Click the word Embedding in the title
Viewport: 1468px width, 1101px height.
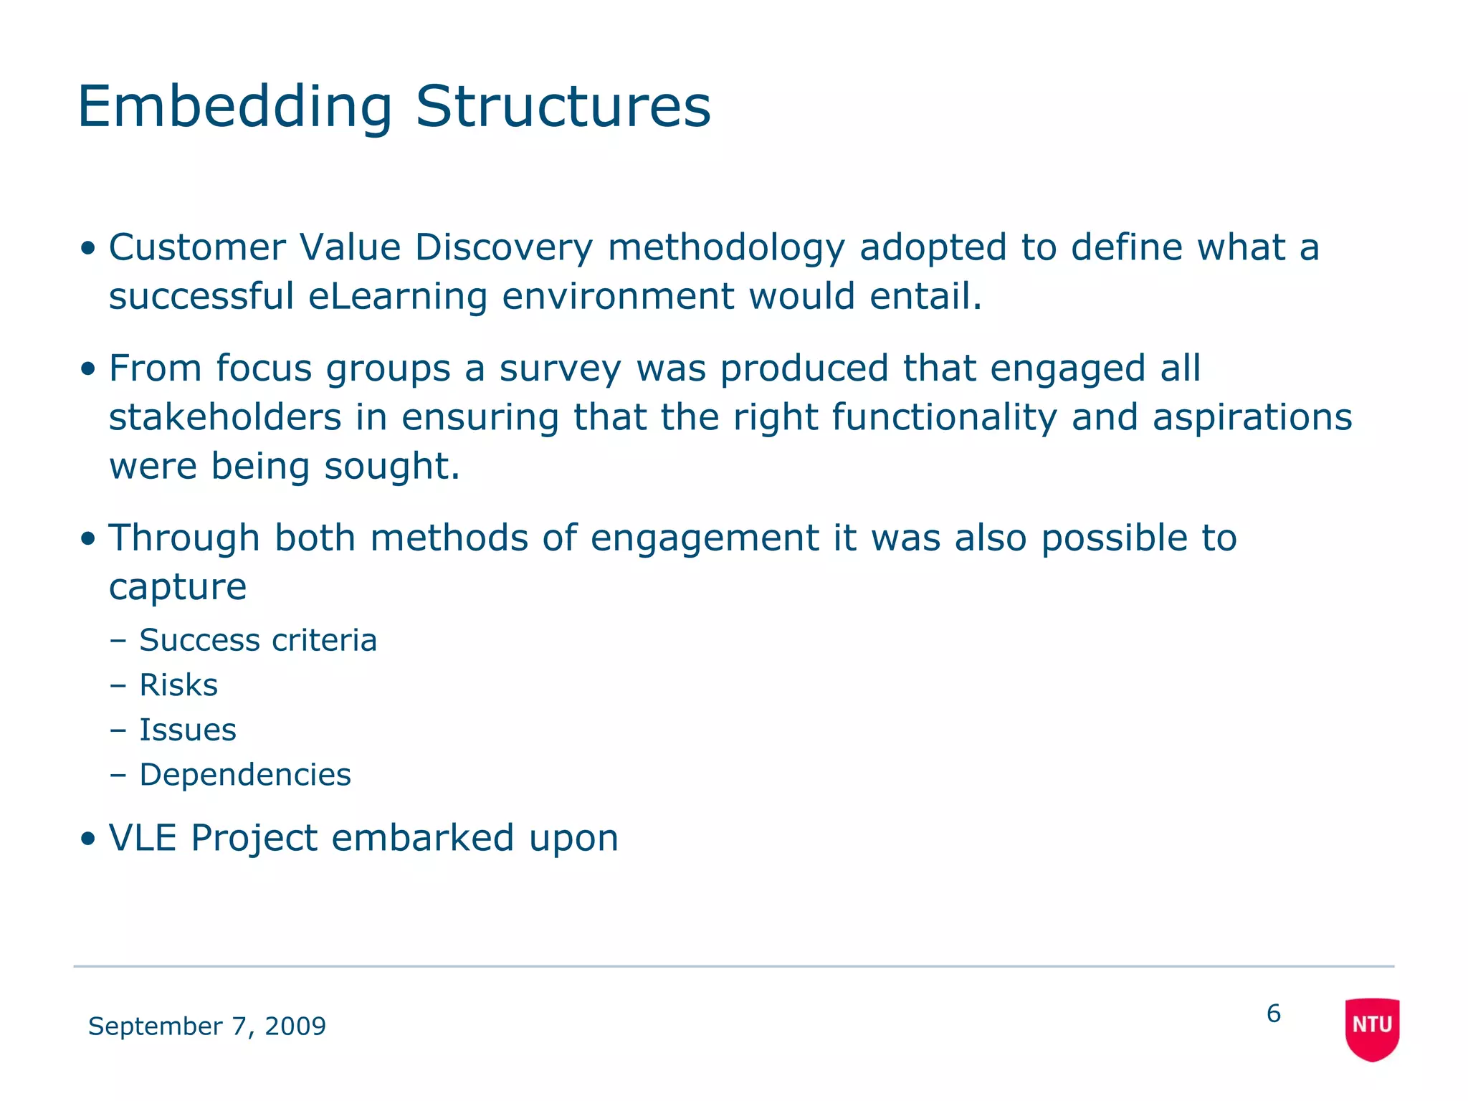tap(235, 108)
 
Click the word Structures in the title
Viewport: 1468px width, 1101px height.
tap(563, 108)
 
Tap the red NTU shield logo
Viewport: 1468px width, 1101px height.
tap(1372, 1028)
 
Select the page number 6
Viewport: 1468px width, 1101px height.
tap(1273, 1014)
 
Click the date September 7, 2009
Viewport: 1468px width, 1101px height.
tap(206, 1026)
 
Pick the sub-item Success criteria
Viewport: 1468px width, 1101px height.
tap(257, 640)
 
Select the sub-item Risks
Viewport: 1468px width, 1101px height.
tap(178, 685)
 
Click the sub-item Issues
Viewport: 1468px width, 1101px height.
tap(187, 730)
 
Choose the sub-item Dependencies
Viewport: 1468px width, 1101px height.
tap(244, 775)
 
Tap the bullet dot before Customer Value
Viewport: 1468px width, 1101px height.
tap(88, 249)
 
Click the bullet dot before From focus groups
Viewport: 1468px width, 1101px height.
tap(88, 370)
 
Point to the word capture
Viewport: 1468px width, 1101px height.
tap(178, 588)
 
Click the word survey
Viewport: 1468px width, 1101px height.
tap(560, 370)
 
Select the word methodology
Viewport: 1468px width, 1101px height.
tap(726, 248)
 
